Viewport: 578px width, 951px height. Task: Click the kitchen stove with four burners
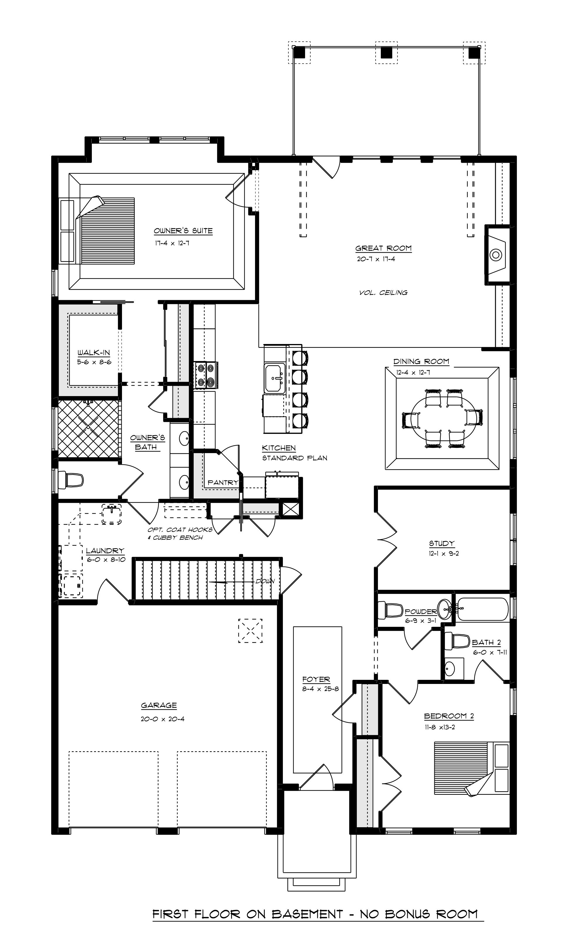click(205, 375)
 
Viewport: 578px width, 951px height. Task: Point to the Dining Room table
click(442, 418)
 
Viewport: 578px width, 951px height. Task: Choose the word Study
click(442, 544)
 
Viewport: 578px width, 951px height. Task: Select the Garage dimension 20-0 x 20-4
click(162, 719)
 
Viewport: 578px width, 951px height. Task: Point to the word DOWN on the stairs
click(265, 581)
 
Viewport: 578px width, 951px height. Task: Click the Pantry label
click(223, 482)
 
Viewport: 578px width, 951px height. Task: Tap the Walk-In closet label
click(94, 352)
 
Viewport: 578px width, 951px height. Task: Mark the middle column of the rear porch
click(386, 52)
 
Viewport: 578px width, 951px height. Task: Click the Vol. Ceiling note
click(383, 293)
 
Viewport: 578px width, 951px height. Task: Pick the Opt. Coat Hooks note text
click(180, 529)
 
